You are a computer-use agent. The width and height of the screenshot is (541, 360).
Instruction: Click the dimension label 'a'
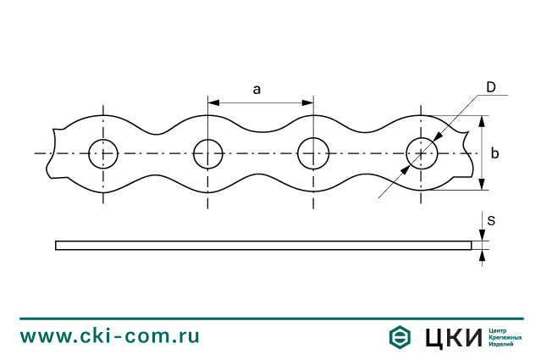(256, 90)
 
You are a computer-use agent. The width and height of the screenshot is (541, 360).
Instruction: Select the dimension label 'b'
(494, 153)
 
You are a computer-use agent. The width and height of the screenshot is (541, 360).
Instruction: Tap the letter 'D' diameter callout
(490, 87)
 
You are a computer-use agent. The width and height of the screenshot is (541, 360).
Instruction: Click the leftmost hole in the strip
(103, 154)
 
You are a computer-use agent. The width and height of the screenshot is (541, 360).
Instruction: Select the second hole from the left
(208, 154)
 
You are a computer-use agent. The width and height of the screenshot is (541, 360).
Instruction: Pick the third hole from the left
(313, 154)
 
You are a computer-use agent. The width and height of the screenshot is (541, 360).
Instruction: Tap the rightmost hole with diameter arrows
(422, 154)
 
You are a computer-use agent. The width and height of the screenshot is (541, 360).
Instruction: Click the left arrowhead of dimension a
(213, 102)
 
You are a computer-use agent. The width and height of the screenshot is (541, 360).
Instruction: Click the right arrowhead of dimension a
(308, 102)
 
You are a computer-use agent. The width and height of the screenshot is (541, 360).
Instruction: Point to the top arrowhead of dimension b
(481, 121)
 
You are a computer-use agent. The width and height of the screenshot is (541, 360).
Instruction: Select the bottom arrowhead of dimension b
(481, 186)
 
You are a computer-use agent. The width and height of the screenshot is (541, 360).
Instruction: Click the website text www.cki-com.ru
(110, 335)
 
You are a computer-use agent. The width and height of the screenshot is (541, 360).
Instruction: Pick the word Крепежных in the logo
(506, 336)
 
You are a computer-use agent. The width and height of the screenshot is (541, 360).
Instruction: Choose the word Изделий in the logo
(503, 345)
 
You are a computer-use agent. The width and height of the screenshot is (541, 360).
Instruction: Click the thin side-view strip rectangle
(262, 246)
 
